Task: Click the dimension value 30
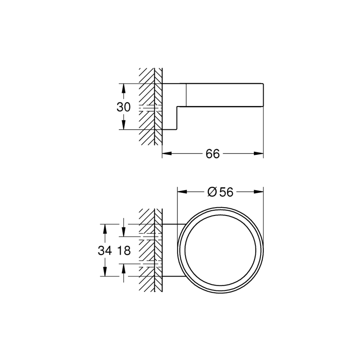click(124, 107)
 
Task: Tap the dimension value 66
click(213, 154)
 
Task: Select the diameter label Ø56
click(220, 192)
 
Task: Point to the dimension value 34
click(105, 250)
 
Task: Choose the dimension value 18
click(124, 250)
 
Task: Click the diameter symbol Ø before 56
click(212, 192)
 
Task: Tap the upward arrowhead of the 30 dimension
click(124, 88)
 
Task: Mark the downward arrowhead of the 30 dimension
click(124, 125)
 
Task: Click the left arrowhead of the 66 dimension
click(167, 154)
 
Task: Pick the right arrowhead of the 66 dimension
click(258, 154)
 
